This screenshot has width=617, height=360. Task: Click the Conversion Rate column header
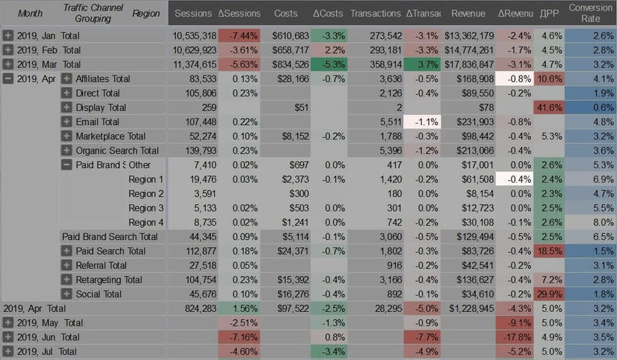(590, 13)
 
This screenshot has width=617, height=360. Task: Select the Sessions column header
(192, 14)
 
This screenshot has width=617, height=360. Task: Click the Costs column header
(286, 14)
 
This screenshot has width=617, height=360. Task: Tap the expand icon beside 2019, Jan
(8, 35)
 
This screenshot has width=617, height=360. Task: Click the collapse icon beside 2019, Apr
(8, 78)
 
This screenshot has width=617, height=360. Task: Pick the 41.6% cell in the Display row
(549, 107)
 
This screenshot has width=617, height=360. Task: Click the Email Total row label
(97, 121)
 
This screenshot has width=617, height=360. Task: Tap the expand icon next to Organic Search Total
(67, 150)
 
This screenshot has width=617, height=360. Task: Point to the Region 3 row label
(146, 208)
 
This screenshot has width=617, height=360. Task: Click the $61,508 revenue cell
(470, 179)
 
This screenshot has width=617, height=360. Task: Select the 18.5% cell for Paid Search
(549, 251)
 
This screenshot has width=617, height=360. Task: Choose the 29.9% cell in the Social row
(549, 294)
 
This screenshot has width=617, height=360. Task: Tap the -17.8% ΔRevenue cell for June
(515, 337)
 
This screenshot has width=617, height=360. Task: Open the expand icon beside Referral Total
(67, 265)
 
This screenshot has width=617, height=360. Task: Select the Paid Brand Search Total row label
(109, 236)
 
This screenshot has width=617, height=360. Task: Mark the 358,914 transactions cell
(380, 64)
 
